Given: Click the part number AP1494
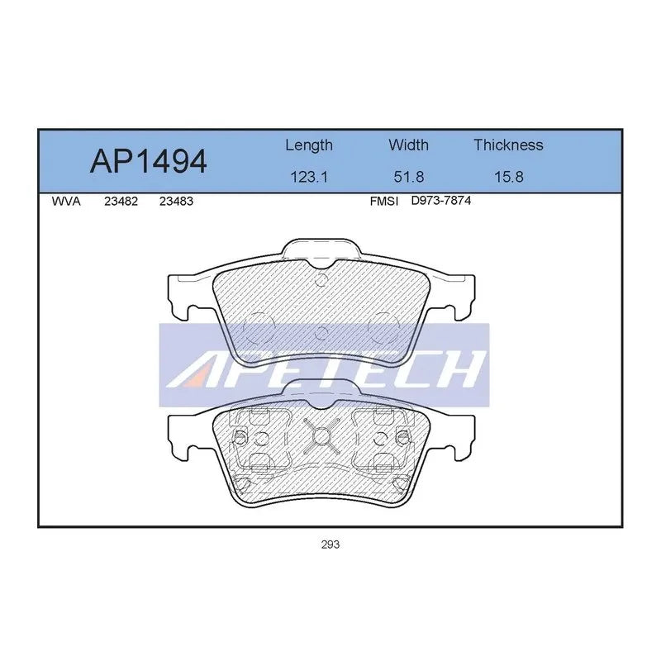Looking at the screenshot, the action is point(149,161).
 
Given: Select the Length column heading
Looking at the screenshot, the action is point(309,145).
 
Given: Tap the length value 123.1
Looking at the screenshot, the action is point(309,177).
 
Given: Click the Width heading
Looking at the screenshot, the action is point(408,145).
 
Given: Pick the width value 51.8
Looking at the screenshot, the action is point(408,177).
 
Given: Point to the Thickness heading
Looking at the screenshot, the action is point(508,145).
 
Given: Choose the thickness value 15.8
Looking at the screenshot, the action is point(508,177).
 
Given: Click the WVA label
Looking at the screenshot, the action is point(66,202).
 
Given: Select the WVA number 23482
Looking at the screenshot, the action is point(121,202).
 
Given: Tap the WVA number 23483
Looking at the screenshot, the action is point(176,202).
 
